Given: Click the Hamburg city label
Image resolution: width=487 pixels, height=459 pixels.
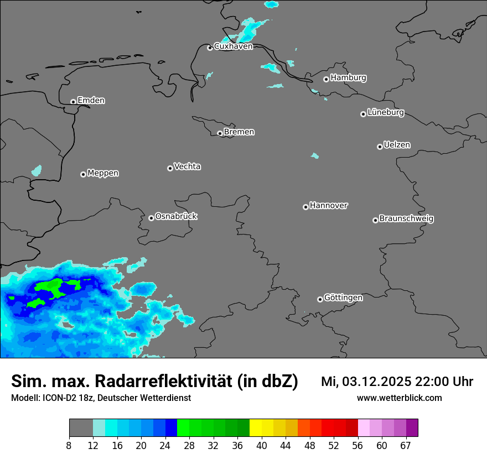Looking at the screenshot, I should [x=348, y=78].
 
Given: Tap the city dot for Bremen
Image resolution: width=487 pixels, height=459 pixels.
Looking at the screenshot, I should [x=220, y=133].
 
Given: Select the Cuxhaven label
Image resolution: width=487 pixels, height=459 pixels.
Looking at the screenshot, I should [x=233, y=46].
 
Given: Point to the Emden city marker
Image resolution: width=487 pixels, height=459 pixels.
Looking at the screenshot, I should [x=73, y=102].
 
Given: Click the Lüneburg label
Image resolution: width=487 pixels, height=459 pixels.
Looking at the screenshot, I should [x=385, y=113].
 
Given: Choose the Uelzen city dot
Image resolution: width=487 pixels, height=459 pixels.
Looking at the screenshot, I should [x=380, y=147].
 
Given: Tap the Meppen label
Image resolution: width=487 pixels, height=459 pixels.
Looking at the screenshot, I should [x=103, y=173].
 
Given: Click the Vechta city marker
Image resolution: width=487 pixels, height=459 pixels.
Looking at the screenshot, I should [x=170, y=168].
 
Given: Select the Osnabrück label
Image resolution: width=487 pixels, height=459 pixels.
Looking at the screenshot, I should [x=176, y=216].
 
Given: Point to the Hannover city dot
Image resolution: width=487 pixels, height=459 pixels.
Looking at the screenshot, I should [x=305, y=207].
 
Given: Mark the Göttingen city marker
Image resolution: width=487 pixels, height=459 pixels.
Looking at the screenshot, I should [x=320, y=299].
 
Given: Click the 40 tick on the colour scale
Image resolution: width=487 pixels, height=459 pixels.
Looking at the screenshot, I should [x=261, y=445].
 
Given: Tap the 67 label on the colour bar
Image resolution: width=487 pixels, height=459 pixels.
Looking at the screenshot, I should [x=406, y=445].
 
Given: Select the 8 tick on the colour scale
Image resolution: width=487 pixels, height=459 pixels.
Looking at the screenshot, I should [x=69, y=445].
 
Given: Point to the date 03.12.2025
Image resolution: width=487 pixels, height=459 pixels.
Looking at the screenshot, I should [x=376, y=382].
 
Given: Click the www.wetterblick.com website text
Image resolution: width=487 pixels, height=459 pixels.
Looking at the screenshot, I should [x=399, y=398].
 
